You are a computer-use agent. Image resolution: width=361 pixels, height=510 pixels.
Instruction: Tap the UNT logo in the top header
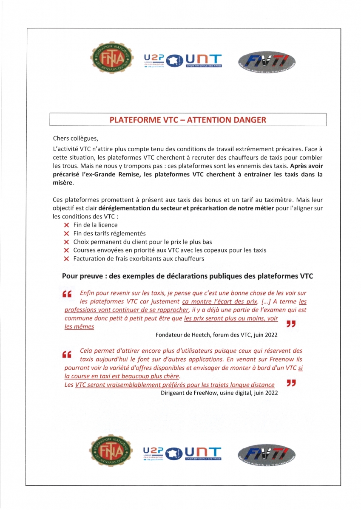[x=203, y=60]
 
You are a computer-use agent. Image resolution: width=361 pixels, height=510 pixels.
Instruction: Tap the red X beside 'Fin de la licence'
[x=66, y=225]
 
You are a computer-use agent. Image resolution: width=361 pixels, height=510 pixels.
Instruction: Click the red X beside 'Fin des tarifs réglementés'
[x=66, y=233]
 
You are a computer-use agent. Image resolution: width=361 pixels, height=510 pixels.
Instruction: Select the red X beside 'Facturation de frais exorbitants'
[x=66, y=258]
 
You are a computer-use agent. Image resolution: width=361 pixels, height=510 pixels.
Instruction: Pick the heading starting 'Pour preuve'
[x=188, y=276]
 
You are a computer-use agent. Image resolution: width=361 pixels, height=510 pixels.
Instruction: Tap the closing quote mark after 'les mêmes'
[x=291, y=324]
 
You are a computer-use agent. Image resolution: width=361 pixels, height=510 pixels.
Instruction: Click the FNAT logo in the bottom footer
[x=108, y=450]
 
